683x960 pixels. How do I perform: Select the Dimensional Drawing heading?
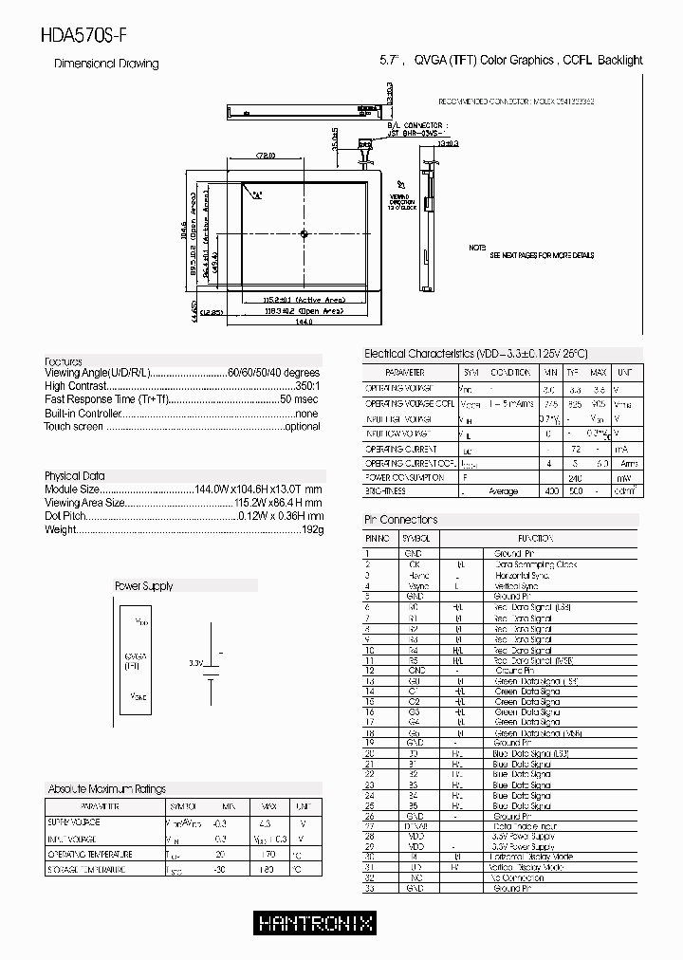click(x=106, y=64)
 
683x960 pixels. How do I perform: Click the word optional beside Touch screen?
click(x=303, y=427)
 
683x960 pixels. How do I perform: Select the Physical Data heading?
click(x=75, y=475)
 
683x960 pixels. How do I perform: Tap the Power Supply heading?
click(x=143, y=586)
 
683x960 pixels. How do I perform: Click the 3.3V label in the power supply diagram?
click(x=196, y=662)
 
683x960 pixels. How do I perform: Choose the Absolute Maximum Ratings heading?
click(x=106, y=788)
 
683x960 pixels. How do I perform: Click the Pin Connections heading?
click(x=401, y=520)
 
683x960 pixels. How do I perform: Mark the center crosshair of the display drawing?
click(x=304, y=233)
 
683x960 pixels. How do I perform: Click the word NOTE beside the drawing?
click(x=477, y=248)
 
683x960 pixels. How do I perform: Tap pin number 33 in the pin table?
click(x=369, y=889)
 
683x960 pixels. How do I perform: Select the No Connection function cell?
click(x=521, y=878)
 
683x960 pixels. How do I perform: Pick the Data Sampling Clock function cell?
click(x=535, y=564)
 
